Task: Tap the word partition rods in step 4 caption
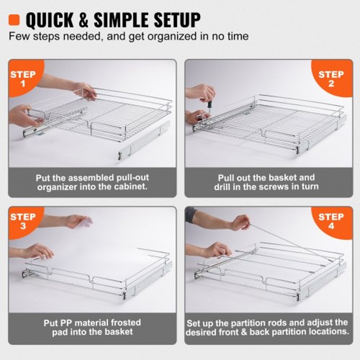tap(249, 323)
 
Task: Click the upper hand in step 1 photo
tap(85, 90)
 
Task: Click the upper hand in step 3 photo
tap(77, 221)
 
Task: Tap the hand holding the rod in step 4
tap(240, 222)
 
